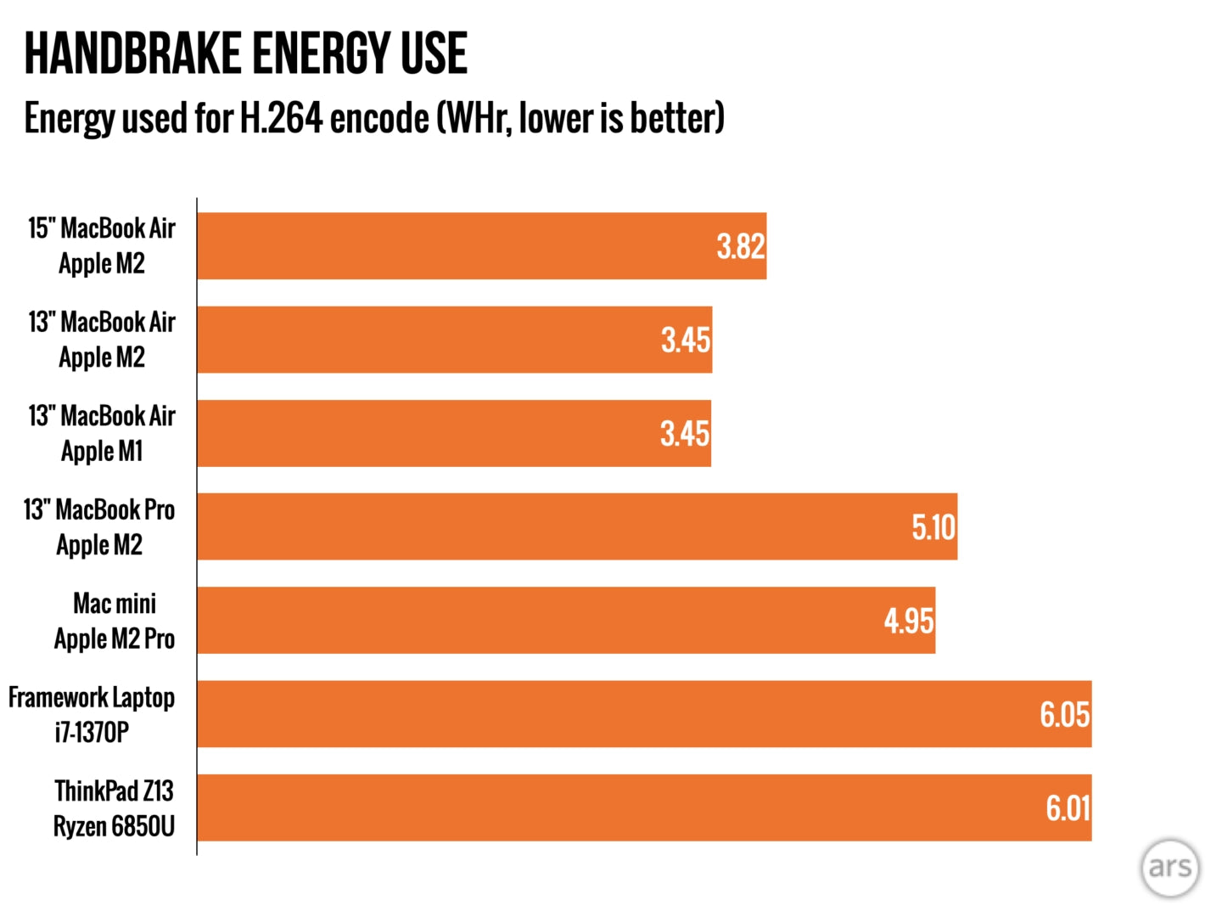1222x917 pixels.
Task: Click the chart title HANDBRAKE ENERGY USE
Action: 245,53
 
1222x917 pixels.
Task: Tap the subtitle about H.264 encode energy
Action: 374,118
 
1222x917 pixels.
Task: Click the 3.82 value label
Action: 740,246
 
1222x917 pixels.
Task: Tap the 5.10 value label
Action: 933,527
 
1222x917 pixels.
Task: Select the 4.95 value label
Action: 909,621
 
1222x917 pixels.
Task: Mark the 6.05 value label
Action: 1064,715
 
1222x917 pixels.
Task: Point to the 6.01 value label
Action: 1067,808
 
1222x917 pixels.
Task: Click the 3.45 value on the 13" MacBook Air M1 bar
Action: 684,434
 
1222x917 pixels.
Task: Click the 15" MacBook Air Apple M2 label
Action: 102,246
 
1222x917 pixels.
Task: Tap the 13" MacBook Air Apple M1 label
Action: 102,434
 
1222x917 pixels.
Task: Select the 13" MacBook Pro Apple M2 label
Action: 99,527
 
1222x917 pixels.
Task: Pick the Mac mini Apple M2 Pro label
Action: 115,621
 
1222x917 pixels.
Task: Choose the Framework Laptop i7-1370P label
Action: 92,715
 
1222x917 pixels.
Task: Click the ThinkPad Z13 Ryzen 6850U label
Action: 114,808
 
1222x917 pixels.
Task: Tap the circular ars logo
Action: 1169,867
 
